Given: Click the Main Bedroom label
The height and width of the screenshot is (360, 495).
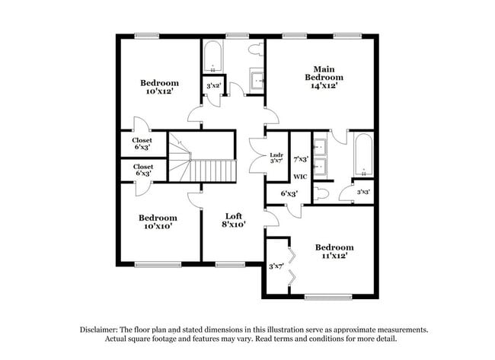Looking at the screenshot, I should [324, 77].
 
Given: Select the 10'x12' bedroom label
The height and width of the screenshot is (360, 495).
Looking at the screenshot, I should [159, 88].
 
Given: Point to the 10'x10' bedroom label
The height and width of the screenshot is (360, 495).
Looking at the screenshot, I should [158, 222].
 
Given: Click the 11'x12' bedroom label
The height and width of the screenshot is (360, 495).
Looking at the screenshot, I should [334, 252].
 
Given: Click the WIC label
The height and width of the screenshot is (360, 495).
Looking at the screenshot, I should [300, 174].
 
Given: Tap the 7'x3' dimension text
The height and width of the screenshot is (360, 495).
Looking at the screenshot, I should [301, 158].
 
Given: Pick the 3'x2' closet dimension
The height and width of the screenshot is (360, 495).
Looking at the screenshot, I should [213, 86].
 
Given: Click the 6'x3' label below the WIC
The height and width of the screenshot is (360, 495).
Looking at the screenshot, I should [289, 194].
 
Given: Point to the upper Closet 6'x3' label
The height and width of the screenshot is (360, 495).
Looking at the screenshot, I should [142, 144].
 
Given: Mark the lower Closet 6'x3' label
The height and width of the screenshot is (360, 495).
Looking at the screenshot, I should [142, 170].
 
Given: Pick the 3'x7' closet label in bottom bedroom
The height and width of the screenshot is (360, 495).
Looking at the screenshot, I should [276, 266].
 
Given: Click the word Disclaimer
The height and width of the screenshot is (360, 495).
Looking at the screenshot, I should [102, 330].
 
